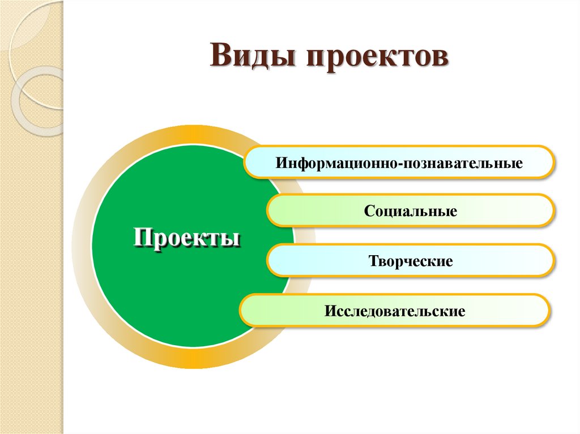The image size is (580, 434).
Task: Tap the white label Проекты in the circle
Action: [187, 237]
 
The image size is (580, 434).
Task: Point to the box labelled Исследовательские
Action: [395, 310]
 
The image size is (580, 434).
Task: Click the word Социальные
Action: [411, 212]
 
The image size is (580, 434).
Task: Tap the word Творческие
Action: [411, 261]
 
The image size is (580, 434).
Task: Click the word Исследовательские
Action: [395, 311]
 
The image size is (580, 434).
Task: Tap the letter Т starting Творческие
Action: [373, 261]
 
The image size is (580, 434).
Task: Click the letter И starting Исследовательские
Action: [330, 311]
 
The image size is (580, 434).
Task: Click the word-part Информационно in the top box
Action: [339, 164]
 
